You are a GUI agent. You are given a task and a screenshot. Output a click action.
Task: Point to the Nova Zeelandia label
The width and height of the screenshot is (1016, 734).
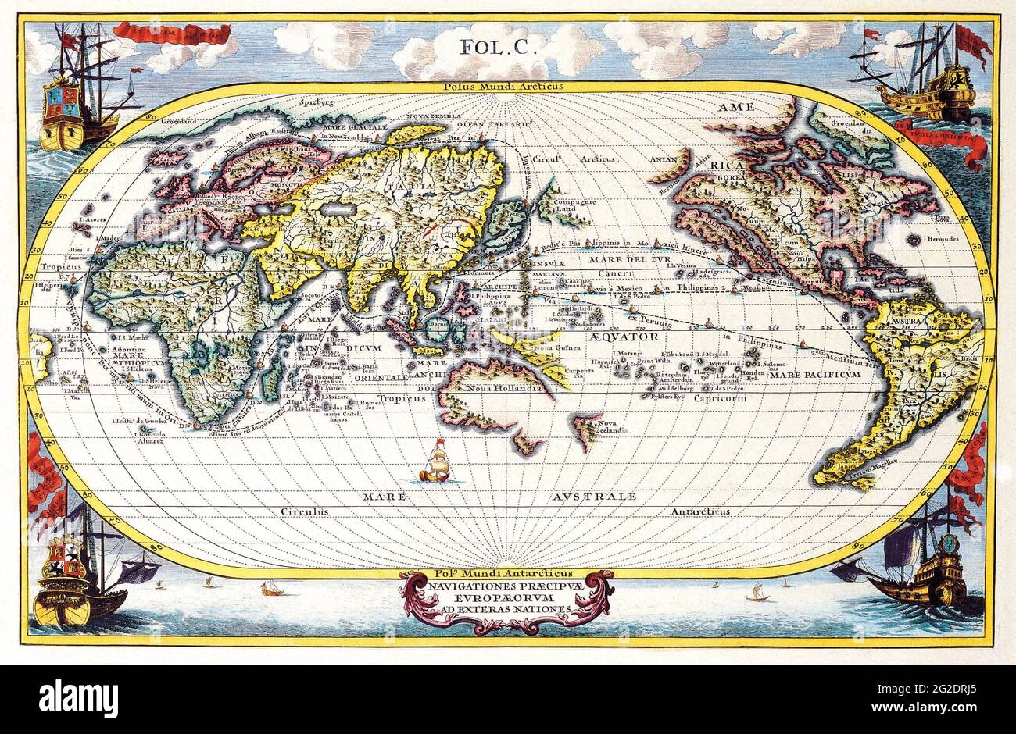pyautogui.click(x=612, y=427)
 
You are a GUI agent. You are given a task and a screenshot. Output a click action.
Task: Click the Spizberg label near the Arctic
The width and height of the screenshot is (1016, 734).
pyautogui.click(x=317, y=102)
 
